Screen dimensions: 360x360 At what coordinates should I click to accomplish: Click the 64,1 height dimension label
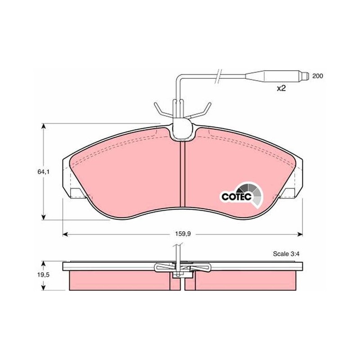(44, 172)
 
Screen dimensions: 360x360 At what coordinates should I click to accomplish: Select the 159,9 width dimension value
(183, 234)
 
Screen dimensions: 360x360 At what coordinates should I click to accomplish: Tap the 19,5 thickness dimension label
(44, 275)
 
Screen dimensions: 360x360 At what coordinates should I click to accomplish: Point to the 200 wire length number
(317, 76)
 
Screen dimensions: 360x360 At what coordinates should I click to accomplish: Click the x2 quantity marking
(281, 88)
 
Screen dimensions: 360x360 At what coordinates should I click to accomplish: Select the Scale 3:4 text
(287, 254)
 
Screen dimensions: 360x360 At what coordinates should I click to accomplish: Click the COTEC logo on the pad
(241, 195)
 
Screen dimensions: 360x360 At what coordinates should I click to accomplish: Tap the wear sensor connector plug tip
(305, 76)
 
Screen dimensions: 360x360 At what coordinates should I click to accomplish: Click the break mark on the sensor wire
(218, 76)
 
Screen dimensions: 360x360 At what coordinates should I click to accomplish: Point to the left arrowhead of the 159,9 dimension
(65, 234)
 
